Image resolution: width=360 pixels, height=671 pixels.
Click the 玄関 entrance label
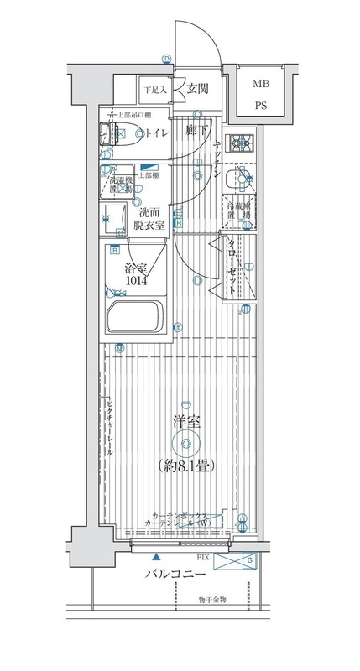click(198, 88)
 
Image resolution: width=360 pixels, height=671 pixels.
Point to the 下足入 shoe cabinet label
click(154, 89)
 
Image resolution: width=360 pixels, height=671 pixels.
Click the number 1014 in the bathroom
click(138, 282)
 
